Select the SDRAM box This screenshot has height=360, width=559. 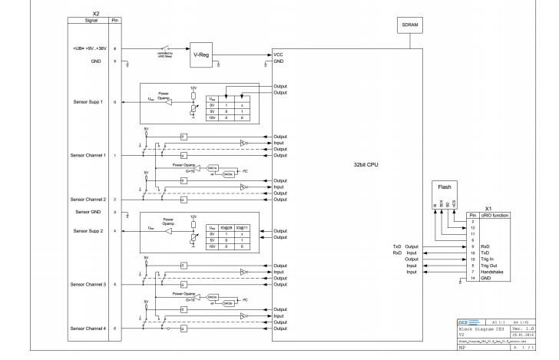coord(410,25)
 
